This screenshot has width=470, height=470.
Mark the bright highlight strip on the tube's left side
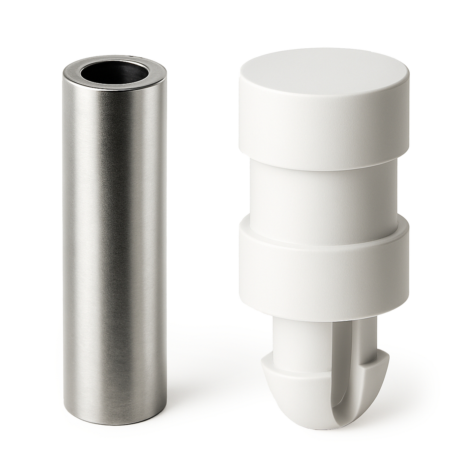[x=77, y=256]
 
